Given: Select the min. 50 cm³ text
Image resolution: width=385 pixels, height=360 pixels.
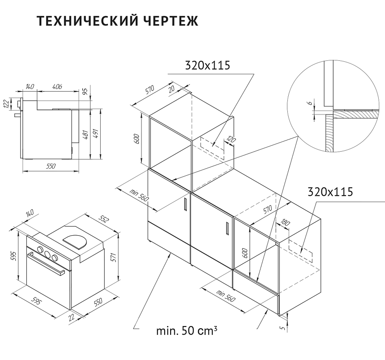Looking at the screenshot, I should pos(187,331).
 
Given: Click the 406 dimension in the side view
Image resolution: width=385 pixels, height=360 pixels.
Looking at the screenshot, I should pos(57,86).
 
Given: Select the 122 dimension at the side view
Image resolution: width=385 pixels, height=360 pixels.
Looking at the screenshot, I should pos(6,104).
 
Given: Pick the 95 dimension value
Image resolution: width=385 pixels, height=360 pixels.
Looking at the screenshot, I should pos(86,92).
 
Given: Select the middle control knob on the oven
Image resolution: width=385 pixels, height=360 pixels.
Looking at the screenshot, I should pos(47,254).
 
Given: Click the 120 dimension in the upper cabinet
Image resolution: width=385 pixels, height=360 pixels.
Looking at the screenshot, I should pos(231,140).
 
